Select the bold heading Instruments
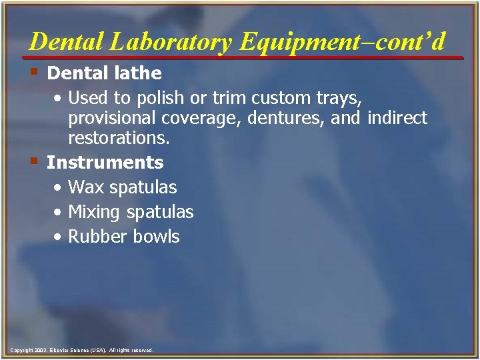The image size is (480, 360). coord(105,162)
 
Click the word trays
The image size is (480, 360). coord(340,99)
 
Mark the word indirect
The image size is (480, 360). coord(397,119)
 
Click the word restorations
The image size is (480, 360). coord(119,138)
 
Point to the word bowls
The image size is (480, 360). coord(157,237)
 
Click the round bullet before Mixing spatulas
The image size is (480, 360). coord(59,213)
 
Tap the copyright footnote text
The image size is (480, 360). coord(82,350)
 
